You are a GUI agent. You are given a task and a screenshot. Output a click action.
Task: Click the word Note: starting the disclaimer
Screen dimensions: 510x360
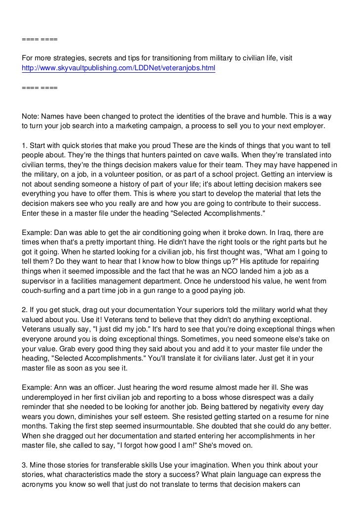pos(31,117)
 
